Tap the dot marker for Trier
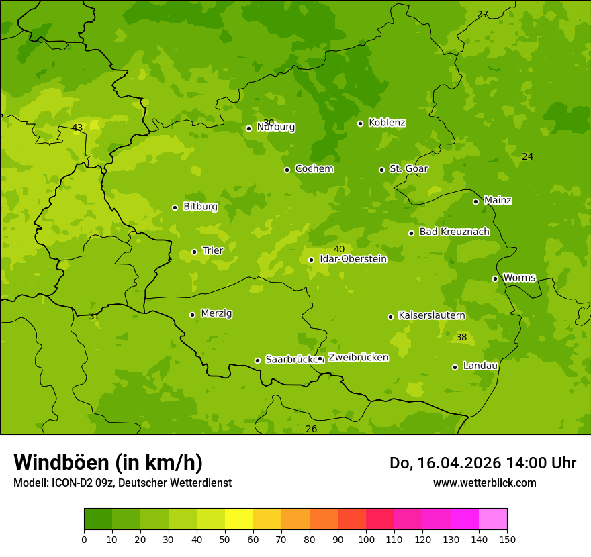tap(195, 252)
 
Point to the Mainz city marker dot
tap(475, 201)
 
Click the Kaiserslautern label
tap(432, 315)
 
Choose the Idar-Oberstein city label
tap(353, 258)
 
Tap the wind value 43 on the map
tap(77, 128)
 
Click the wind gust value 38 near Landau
tap(461, 337)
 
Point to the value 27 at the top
tap(482, 14)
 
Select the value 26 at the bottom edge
tap(311, 429)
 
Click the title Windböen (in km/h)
tap(108, 462)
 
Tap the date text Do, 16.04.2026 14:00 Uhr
tap(483, 463)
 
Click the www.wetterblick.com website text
tap(484, 483)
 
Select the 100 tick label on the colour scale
tap(366, 539)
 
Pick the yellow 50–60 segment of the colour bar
tap(239, 519)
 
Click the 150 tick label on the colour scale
tap(507, 539)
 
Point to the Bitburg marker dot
tap(175, 207)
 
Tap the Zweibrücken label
tap(358, 357)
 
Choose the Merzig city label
tap(216, 313)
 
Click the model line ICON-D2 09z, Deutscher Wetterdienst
tap(122, 483)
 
